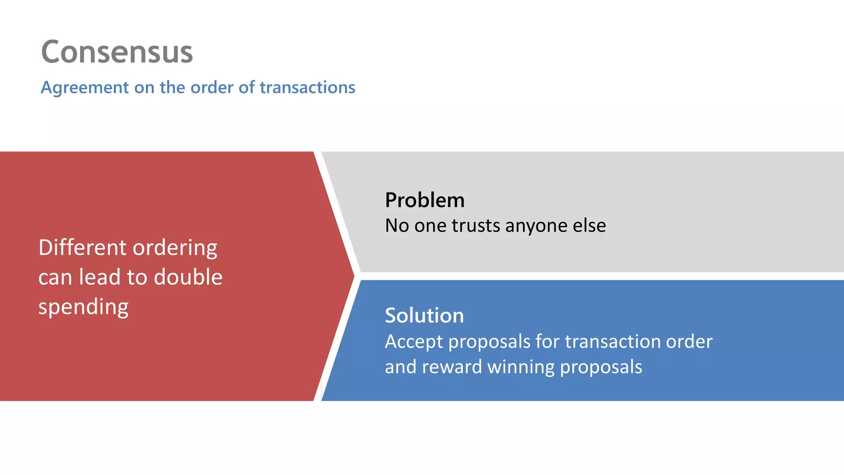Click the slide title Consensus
click(117, 52)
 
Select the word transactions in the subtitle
click(307, 87)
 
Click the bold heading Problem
click(424, 200)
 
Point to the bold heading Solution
click(424, 316)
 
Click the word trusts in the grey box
click(476, 226)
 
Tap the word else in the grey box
click(589, 226)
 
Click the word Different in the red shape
click(82, 248)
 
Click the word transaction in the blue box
click(612, 341)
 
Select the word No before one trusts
click(397, 226)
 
